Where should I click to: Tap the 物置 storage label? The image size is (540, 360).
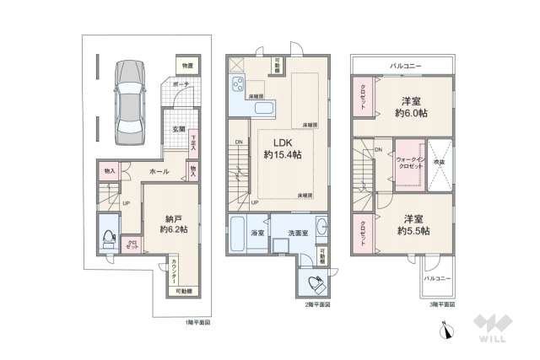tap(186, 66)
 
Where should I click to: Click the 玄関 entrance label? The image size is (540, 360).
tap(179, 130)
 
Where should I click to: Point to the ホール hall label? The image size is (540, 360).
tap(159, 171)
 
